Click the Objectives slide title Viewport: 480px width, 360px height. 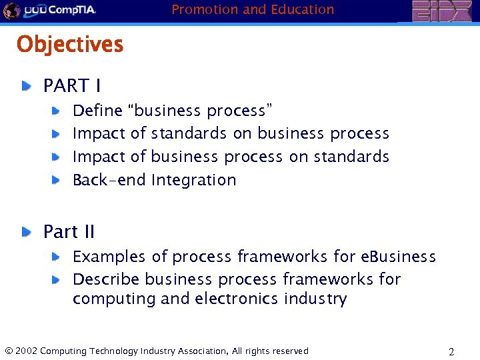(70, 45)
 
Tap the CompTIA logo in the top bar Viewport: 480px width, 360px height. (60, 11)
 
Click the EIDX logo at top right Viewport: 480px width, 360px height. (441, 11)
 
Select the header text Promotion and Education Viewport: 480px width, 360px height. (253, 9)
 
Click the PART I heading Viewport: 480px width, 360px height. (72, 86)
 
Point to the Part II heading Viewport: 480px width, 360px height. (69, 232)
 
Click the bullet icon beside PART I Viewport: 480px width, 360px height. (25, 86)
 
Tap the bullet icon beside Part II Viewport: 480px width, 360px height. (25, 232)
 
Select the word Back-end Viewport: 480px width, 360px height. (109, 180)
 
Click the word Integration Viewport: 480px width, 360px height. (193, 180)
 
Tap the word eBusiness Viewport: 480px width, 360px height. (398, 257)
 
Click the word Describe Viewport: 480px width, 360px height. (106, 279)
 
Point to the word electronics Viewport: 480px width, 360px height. (237, 299)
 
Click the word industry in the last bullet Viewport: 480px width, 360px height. (315, 299)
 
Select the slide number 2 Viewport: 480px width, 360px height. (451, 351)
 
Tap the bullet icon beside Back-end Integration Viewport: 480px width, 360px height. (58, 180)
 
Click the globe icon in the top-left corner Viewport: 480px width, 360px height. (11, 11)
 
